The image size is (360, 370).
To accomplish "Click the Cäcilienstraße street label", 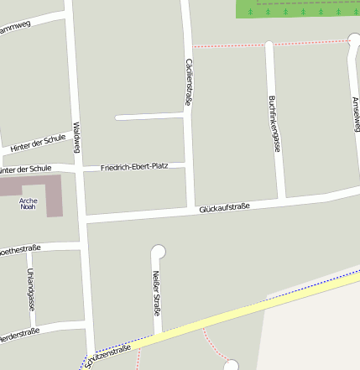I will (189, 81).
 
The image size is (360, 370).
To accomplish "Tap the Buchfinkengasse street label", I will (274, 124).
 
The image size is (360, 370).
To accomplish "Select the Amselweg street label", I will (356, 113).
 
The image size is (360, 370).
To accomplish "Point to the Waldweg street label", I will (76, 138).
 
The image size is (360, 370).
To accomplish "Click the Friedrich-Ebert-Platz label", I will (134, 166).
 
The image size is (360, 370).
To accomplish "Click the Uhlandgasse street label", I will (31, 290).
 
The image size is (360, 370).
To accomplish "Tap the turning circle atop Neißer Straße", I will (158, 250).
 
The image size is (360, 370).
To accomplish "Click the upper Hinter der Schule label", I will (38, 143).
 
